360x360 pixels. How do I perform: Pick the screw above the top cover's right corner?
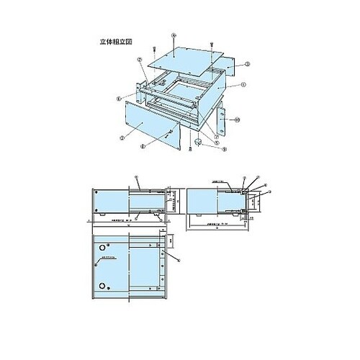[x=210, y=45]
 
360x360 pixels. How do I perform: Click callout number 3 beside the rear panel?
[x=248, y=64]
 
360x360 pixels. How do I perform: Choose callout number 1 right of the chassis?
[x=245, y=84]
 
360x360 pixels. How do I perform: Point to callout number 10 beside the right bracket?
[x=237, y=119]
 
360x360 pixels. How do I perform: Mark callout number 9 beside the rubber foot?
[x=225, y=150]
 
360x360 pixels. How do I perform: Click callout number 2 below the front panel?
[x=143, y=145]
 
